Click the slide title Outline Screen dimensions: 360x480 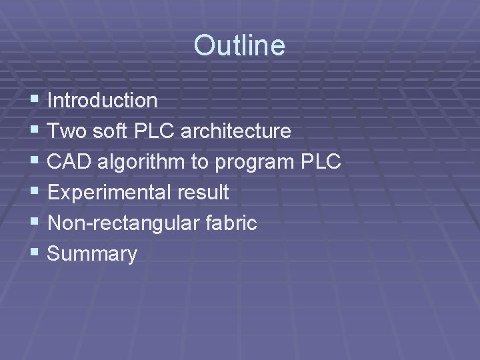(x=239, y=46)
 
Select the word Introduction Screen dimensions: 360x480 (x=103, y=101)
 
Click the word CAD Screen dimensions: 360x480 (x=69, y=162)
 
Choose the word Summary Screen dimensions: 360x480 (x=93, y=255)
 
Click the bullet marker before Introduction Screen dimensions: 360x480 (x=35, y=101)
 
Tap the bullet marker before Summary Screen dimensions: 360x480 (x=35, y=254)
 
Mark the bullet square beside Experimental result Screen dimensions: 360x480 (x=35, y=193)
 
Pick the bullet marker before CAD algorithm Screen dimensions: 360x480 (x=35, y=162)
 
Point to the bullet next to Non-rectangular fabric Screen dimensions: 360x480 (x=35, y=223)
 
